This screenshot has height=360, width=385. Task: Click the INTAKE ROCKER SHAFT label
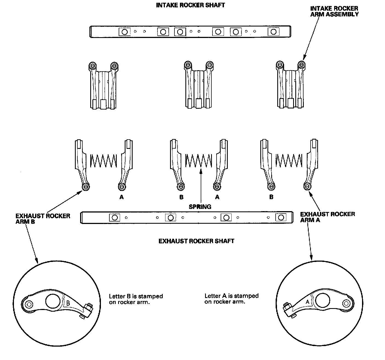(x=190, y=5)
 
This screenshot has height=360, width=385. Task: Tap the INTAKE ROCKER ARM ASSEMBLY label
(x=334, y=11)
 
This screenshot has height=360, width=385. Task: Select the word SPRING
(x=200, y=207)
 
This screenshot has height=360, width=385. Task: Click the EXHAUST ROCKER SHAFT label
(x=196, y=241)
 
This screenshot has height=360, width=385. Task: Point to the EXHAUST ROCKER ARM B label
(x=43, y=219)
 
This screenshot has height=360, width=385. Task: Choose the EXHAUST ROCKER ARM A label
(x=327, y=217)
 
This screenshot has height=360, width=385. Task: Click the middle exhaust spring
(x=199, y=161)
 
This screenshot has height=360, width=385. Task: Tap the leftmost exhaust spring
(x=103, y=161)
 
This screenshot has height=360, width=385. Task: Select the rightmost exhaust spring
(x=289, y=161)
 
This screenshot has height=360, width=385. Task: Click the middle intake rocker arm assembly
(x=199, y=85)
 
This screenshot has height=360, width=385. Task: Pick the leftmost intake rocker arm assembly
(x=103, y=86)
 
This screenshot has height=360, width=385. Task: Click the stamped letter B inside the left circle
(x=68, y=303)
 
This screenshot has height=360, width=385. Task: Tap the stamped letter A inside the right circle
(x=308, y=302)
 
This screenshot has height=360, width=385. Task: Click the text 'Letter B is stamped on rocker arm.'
(x=136, y=299)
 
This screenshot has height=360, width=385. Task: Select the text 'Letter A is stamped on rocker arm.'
(x=231, y=299)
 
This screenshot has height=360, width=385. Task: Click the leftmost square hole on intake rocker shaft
(x=124, y=32)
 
